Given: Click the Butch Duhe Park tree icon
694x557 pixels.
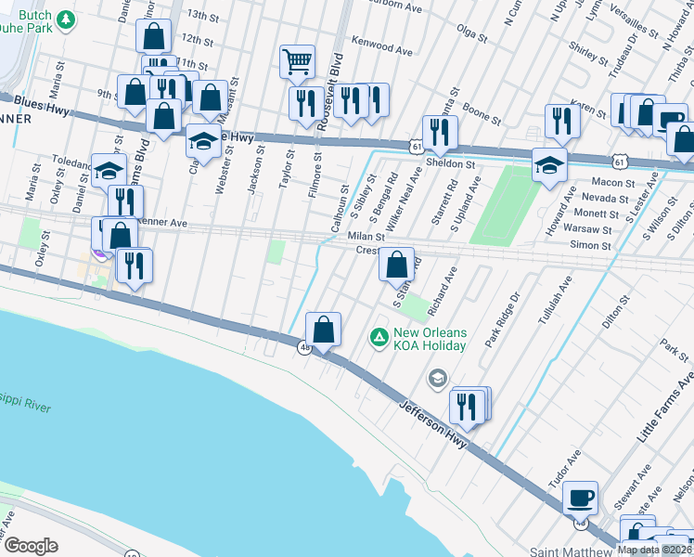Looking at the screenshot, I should pyautogui.click(x=65, y=19).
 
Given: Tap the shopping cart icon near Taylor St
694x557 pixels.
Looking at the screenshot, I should pyautogui.click(x=297, y=61).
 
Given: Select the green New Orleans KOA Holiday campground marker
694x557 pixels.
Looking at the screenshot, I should pyautogui.click(x=379, y=336).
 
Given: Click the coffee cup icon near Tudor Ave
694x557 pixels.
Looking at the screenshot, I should pyautogui.click(x=581, y=497).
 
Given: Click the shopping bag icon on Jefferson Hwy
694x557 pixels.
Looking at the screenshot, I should pyautogui.click(x=323, y=329).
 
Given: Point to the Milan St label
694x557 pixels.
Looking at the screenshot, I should pyautogui.click(x=366, y=237).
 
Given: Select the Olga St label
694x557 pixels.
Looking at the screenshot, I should pyautogui.click(x=471, y=34).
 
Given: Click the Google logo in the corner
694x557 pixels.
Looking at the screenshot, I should pyautogui.click(x=31, y=545).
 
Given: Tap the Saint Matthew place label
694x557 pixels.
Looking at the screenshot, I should pyautogui.click(x=572, y=550).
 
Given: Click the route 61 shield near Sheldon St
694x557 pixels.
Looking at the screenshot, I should pyautogui.click(x=416, y=146).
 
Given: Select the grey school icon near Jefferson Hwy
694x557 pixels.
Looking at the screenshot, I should pyautogui.click(x=437, y=378).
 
